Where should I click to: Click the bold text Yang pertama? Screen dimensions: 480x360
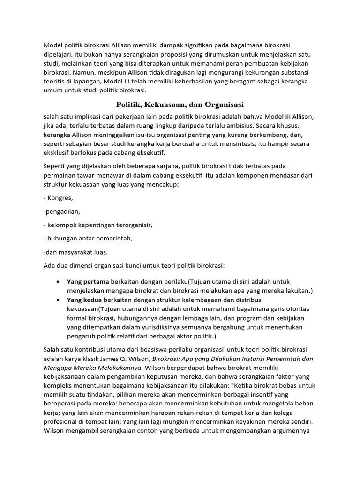(88, 281)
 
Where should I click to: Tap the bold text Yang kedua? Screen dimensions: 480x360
(85, 300)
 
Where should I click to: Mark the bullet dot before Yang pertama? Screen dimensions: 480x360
(57, 282)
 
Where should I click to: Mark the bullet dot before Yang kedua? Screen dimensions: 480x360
(57, 300)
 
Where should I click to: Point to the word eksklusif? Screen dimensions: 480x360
(58, 152)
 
